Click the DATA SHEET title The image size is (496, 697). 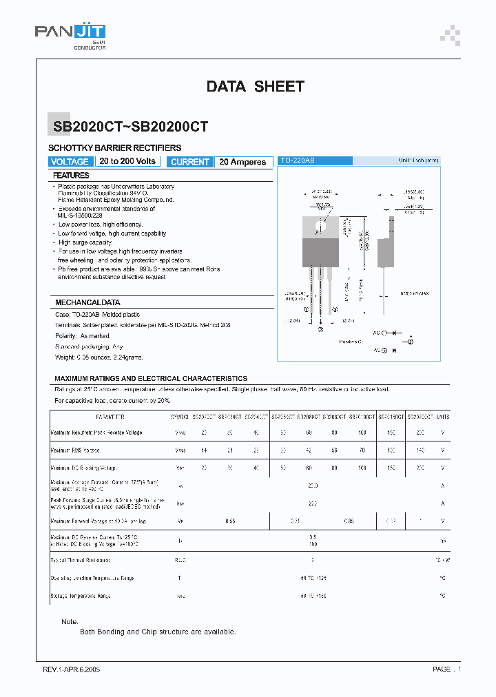tap(255, 86)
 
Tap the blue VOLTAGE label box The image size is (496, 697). tap(70, 162)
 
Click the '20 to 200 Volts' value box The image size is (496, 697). tap(127, 161)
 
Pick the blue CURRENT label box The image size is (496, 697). tap(189, 162)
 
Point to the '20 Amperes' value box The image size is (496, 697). tap(242, 162)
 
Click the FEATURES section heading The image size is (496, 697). tap(71, 176)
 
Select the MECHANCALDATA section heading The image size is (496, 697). tap(87, 302)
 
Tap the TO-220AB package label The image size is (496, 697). tap(298, 160)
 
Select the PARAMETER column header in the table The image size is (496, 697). tap(110, 417)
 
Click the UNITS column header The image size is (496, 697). tap(442, 417)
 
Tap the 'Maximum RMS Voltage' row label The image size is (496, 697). tap(75, 450)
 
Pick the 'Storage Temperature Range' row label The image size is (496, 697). tap(81, 596)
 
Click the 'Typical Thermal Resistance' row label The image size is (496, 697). tap(80, 560)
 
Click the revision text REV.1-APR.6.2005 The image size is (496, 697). tap(72, 669)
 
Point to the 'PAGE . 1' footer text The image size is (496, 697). tap(447, 669)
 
